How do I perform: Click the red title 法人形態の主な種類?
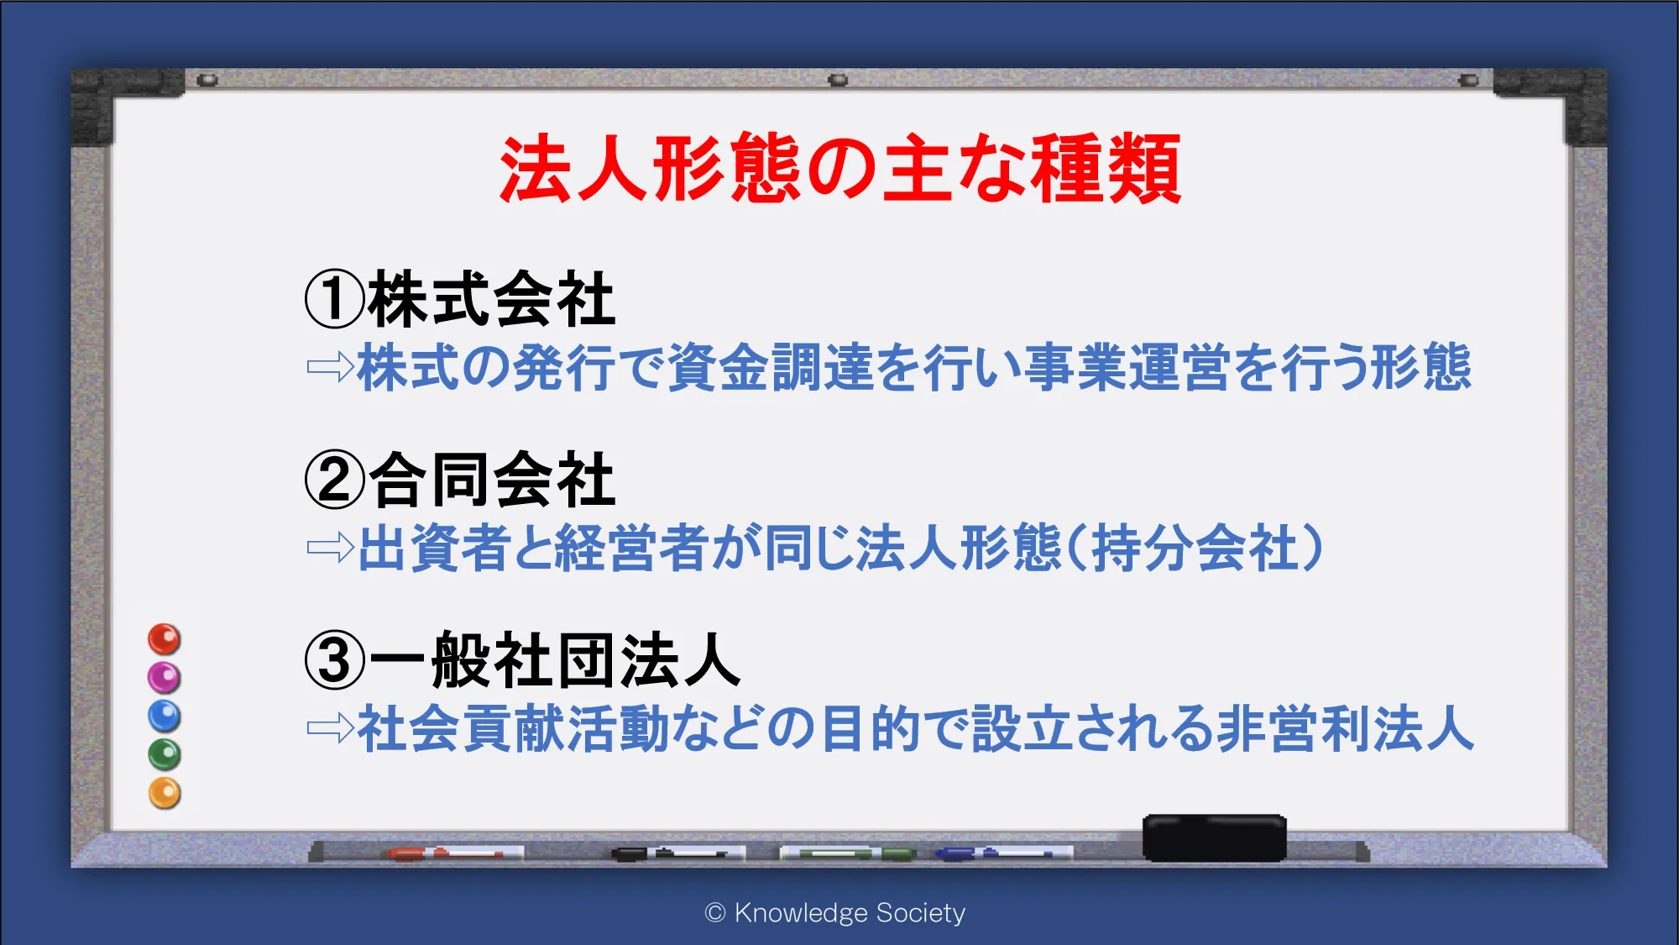[840, 169]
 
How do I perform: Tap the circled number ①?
[335, 299]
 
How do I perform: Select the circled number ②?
[335, 480]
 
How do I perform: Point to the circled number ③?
[335, 660]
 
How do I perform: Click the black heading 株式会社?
[492, 299]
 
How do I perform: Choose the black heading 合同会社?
[492, 480]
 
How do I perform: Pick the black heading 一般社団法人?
[555, 660]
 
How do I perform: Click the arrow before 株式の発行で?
[331, 366]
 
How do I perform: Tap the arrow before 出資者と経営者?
[331, 548]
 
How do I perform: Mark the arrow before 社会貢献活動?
[331, 728]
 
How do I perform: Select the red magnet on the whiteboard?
[165, 639]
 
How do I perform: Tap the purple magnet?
[165, 677]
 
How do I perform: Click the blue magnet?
[165, 716]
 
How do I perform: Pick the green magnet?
[165, 754]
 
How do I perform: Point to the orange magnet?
[165, 793]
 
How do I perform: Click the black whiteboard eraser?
[1214, 837]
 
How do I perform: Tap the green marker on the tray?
[848, 853]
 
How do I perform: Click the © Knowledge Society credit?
[835, 913]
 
